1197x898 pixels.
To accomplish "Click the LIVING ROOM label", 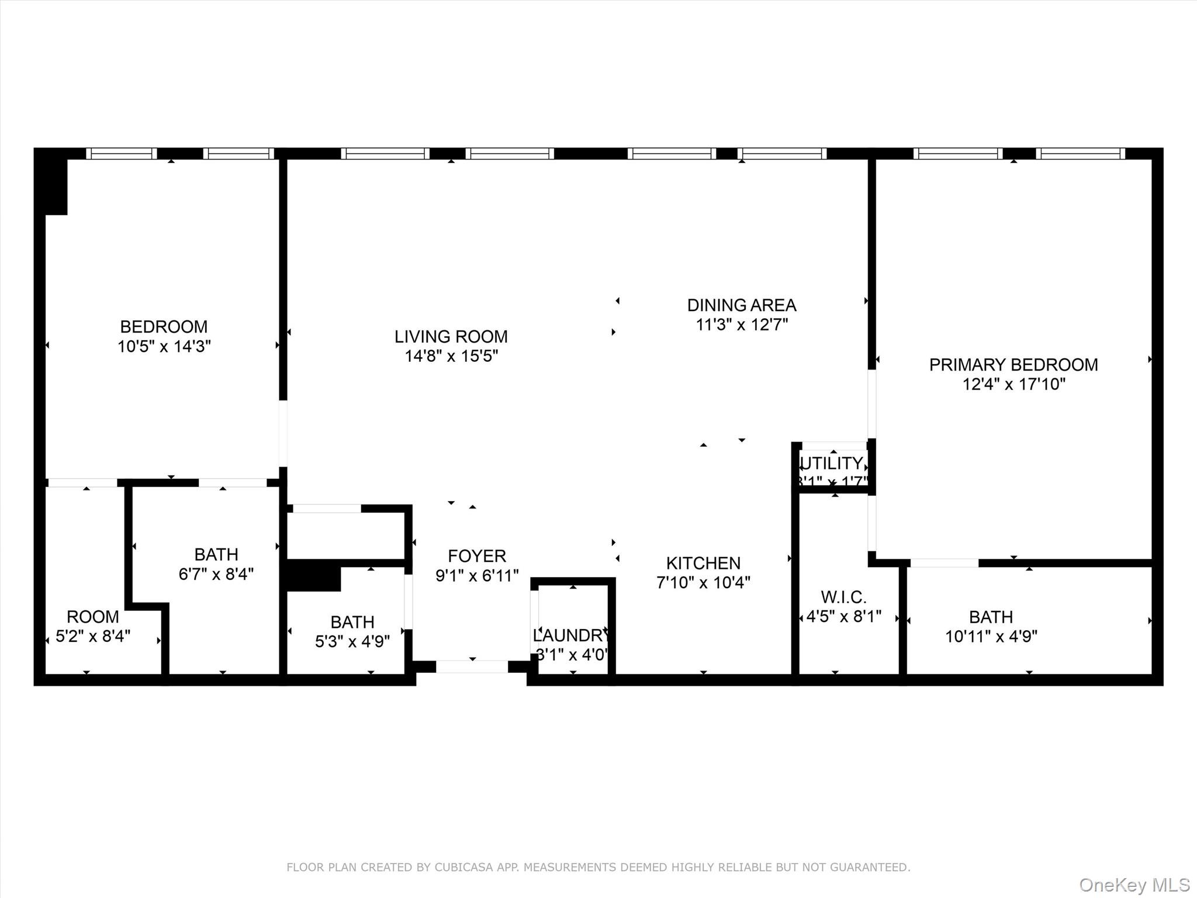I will tap(451, 336).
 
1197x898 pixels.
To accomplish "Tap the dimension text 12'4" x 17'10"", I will tap(1014, 384).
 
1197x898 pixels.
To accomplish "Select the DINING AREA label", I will tap(741, 305).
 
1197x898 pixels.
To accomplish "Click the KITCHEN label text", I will tap(703, 563).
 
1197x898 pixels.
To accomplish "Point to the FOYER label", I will tap(477, 555).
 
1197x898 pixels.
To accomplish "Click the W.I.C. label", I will tap(843, 597).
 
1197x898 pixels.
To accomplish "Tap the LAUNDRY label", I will tap(571, 635).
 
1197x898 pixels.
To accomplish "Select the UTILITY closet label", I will tap(832, 464).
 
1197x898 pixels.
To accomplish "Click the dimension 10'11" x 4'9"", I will tap(991, 636).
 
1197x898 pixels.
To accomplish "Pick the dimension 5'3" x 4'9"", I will tap(352, 641).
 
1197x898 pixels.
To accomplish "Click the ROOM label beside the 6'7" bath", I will tap(92, 616).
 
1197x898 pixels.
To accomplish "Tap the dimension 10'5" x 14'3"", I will tap(164, 346).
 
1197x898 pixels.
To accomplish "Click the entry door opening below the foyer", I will tap(472, 666).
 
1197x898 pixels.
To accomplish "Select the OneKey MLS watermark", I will tap(1134, 885).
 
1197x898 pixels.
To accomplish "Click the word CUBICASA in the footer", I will tap(462, 867).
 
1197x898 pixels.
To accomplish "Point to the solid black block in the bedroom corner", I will tap(55, 185).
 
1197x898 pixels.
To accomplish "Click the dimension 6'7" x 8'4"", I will tap(216, 574).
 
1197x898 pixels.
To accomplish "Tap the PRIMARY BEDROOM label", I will tap(1013, 364).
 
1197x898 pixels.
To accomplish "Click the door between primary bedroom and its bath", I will tap(944, 563).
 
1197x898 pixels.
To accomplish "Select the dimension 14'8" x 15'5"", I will tap(451, 356).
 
